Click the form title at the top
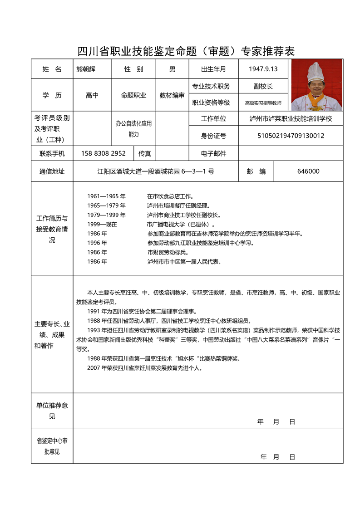click(x=186, y=51)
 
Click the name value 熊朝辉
click(x=86, y=69)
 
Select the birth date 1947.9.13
click(x=263, y=69)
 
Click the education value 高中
click(x=92, y=95)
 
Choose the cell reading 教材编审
click(x=172, y=95)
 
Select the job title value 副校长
click(x=263, y=86)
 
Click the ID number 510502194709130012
click(x=291, y=135)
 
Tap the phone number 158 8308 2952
click(x=103, y=153)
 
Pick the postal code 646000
click(x=308, y=171)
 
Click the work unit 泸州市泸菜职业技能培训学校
click(x=291, y=119)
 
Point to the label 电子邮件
click(x=213, y=153)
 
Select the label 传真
click(x=145, y=153)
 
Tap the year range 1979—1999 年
click(x=107, y=215)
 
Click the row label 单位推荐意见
click(x=52, y=410)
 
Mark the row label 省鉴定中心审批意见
click(x=52, y=446)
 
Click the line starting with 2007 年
click(x=144, y=368)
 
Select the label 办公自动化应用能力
click(x=133, y=129)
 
